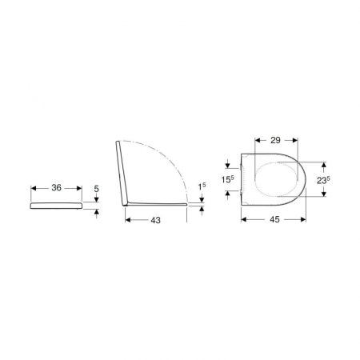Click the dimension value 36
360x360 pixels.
(x=56, y=188)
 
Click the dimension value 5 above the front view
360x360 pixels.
(x=96, y=189)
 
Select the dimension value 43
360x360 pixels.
(x=156, y=220)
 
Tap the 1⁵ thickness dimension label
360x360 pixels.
(x=202, y=186)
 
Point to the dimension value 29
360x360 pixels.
(x=275, y=140)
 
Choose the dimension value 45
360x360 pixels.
(x=274, y=219)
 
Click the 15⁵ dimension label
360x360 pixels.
(x=228, y=180)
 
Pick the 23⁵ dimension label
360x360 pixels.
(x=323, y=181)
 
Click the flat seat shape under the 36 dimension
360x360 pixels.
(x=56, y=206)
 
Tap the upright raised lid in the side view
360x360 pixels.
(x=122, y=174)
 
